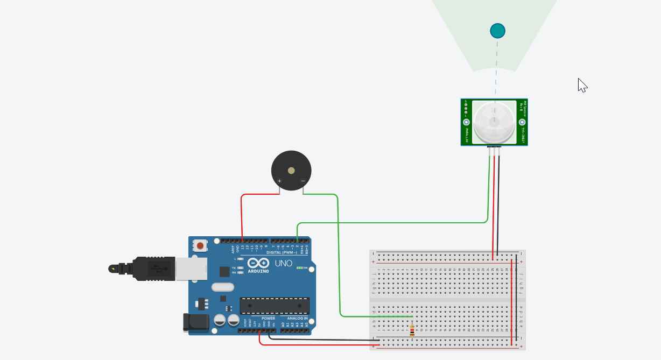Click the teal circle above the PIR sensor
point(497,31)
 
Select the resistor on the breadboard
point(412,331)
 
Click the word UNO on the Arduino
point(284,263)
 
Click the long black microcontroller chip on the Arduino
point(275,305)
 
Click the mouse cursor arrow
point(582,85)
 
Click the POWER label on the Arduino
point(268,318)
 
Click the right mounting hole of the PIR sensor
point(522,122)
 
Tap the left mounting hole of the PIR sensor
point(466,122)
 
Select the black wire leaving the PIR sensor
point(499,204)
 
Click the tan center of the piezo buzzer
point(291,171)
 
